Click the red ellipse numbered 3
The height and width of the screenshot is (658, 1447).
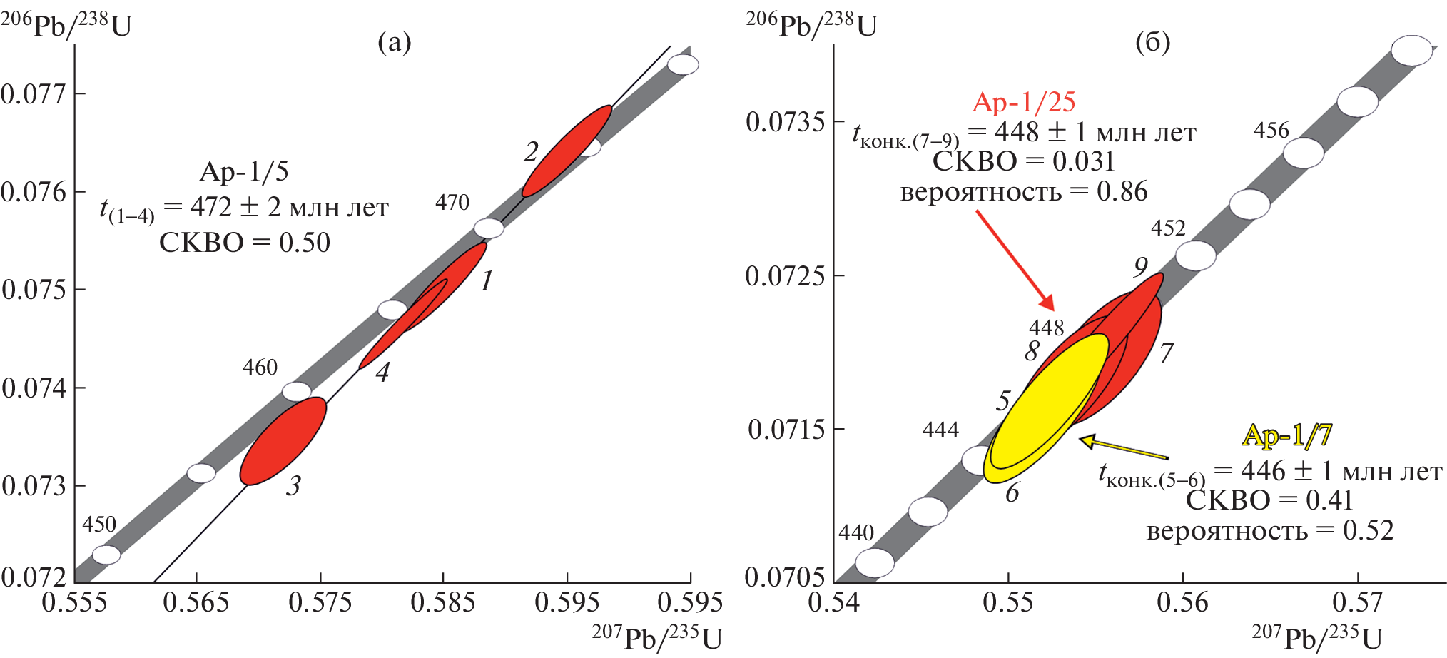point(283,441)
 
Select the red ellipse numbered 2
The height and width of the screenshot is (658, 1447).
point(567,151)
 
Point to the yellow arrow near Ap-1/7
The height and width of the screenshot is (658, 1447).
point(1123,450)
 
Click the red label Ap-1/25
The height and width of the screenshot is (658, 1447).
point(1023,102)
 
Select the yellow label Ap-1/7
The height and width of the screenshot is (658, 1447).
point(1286,435)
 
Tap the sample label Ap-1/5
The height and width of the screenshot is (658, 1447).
point(244,171)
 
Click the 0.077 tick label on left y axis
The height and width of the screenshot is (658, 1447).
point(33,93)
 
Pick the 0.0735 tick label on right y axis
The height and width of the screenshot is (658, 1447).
point(785,122)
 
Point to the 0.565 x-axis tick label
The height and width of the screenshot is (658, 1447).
point(196,603)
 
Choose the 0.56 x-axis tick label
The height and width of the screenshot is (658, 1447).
point(1182,603)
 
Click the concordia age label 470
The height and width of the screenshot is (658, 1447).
point(452,203)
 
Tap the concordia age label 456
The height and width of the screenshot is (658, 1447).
point(1271,131)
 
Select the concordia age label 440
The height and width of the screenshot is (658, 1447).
point(855,533)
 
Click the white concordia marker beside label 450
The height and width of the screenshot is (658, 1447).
point(107,555)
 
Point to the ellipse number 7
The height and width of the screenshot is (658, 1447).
point(1167,353)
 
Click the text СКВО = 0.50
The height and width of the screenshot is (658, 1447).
point(244,243)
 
